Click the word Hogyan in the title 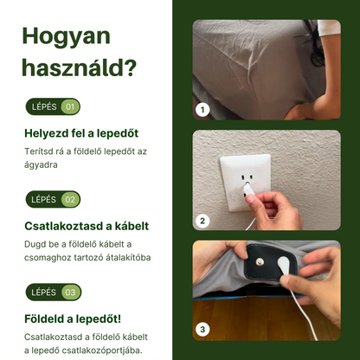[x=66, y=35]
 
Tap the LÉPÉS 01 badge [x=53, y=107]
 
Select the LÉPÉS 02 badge [x=53, y=199]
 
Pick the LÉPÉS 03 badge [x=53, y=292]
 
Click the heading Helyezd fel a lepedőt [x=80, y=133]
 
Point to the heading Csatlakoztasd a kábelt [x=86, y=226]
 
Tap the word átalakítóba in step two [x=121, y=257]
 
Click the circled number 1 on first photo [x=203, y=110]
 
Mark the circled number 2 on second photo [x=203, y=221]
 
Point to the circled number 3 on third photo [x=203, y=329]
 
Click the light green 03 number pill [x=70, y=292]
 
